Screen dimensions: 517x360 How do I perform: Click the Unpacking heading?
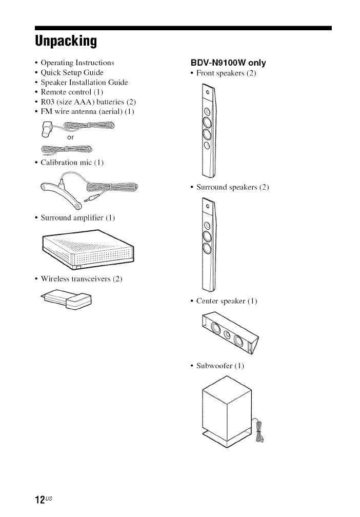pyautogui.click(x=66, y=40)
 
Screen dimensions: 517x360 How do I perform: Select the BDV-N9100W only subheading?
pyautogui.click(x=228, y=63)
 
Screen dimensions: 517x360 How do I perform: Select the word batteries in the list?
pyautogui.click(x=109, y=102)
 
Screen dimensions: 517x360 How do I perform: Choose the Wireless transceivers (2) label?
pyautogui.click(x=81, y=280)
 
